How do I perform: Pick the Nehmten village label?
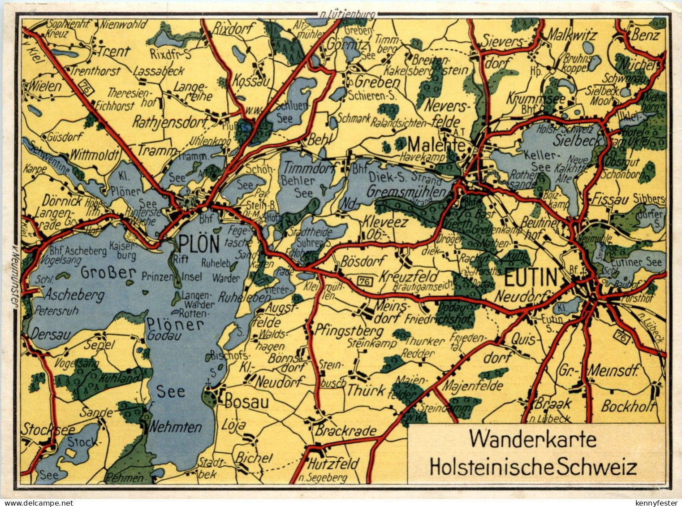click(x=175, y=427)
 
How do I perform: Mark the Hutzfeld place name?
click(x=334, y=463)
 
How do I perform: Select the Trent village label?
click(x=114, y=52)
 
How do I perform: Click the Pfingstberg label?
click(x=350, y=331)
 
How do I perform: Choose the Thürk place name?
click(x=366, y=390)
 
